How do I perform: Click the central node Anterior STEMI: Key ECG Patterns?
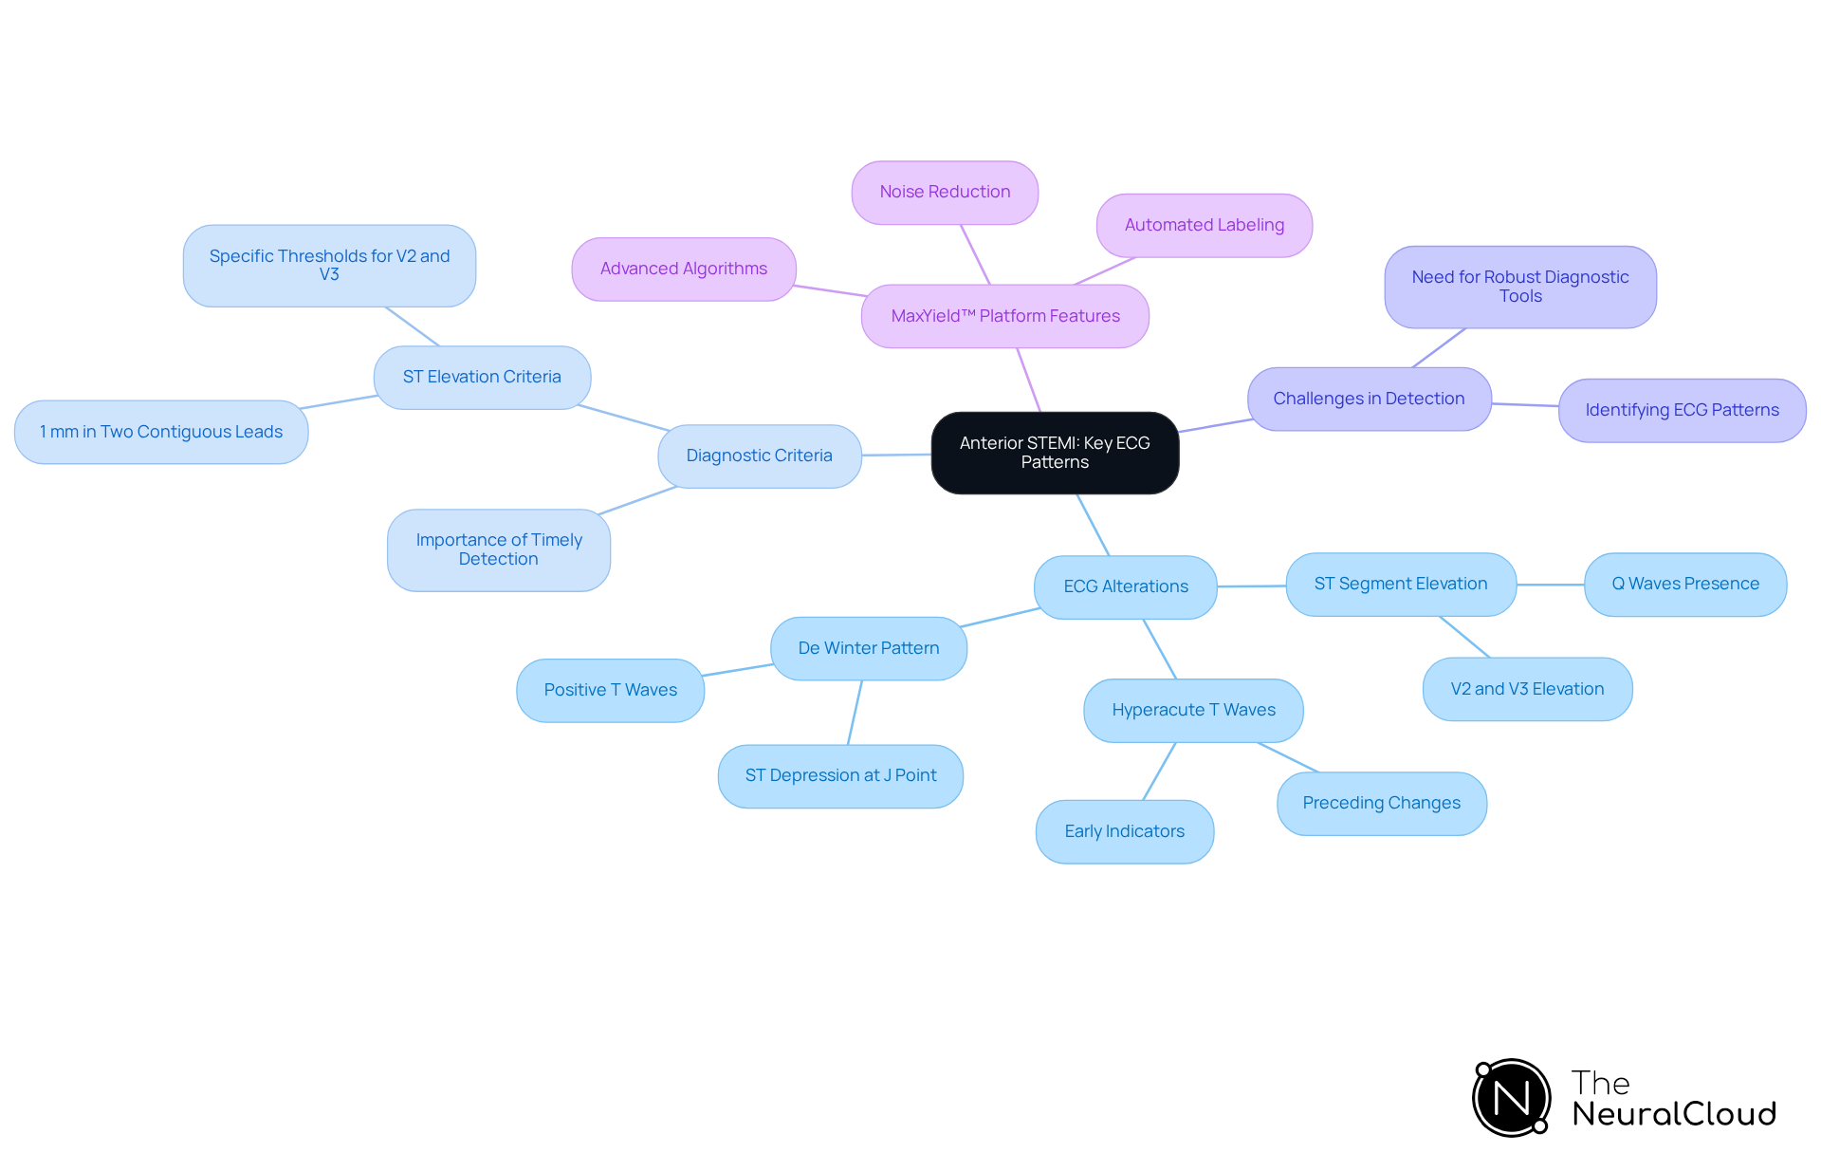[1055, 453]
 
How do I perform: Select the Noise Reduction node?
[945, 193]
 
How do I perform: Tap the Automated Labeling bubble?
[1204, 226]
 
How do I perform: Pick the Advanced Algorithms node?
[683, 270]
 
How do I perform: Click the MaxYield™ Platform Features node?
[1004, 316]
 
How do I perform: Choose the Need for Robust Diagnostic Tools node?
[1519, 287]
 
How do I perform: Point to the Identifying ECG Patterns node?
[1681, 411]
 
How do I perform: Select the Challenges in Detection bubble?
[1368, 400]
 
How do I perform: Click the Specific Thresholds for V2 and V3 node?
[329, 266]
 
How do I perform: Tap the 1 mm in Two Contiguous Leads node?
[161, 433]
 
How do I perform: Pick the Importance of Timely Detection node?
[498, 550]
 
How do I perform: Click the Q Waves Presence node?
[1684, 585]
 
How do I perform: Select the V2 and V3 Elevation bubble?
[1526, 690]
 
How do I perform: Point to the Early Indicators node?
[1124, 832]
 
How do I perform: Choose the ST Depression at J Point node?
[840, 776]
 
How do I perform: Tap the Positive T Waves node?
[610, 691]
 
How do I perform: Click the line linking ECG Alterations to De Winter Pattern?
[1001, 618]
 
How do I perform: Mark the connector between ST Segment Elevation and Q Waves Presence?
[1550, 585]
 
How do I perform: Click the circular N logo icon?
[1511, 1098]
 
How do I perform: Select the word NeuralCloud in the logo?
[1674, 1114]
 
